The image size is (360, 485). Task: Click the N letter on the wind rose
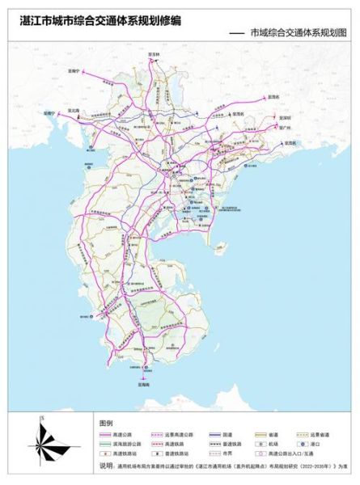click(41, 417)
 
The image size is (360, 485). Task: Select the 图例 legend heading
click(107, 423)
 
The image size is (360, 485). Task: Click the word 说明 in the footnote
click(106, 466)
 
